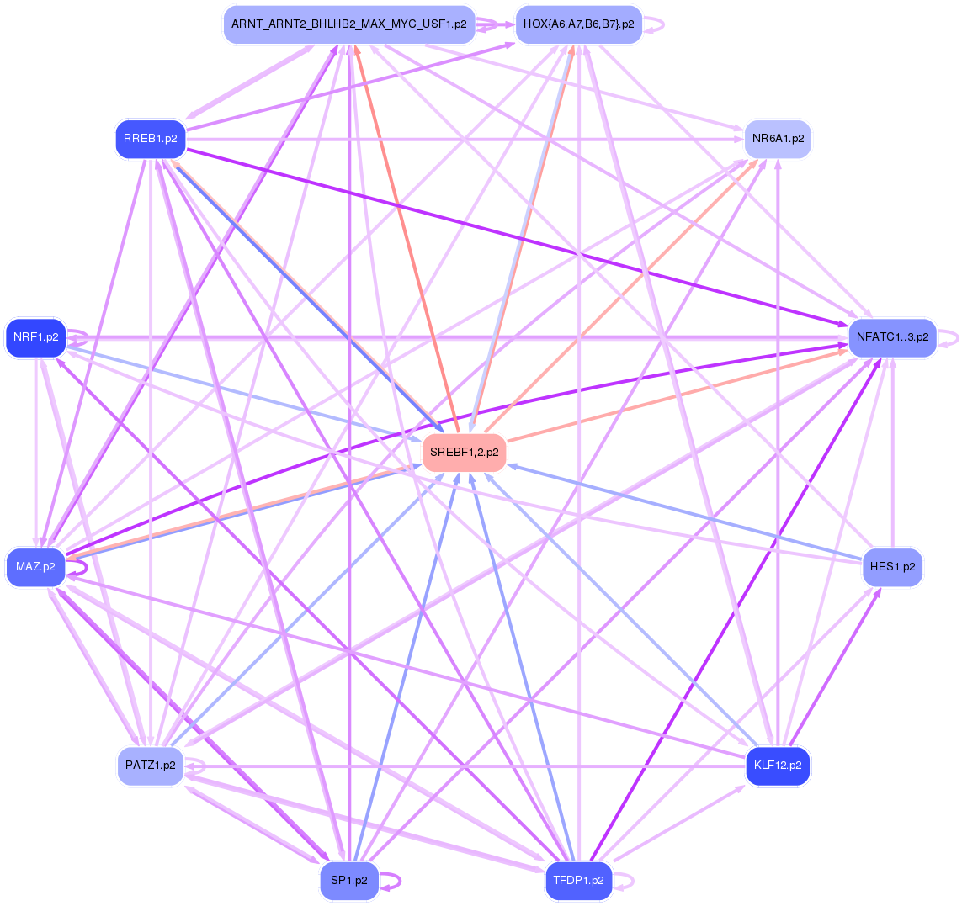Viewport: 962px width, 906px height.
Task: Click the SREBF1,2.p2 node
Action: tap(464, 453)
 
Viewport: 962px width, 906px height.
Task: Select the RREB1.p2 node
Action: tap(151, 139)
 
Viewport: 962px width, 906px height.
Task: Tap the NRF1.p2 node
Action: tap(36, 337)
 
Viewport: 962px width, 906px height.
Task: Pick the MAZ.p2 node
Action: tap(35, 567)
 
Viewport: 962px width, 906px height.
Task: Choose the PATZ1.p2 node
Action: tap(151, 766)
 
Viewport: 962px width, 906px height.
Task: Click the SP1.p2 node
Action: tap(349, 881)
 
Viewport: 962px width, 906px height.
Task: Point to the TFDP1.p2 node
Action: tap(578, 881)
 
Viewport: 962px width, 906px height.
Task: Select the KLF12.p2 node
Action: tap(778, 766)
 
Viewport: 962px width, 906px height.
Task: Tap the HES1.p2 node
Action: tap(892, 567)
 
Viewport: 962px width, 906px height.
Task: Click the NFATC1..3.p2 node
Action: tap(892, 337)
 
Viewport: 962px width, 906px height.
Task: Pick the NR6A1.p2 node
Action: tap(778, 139)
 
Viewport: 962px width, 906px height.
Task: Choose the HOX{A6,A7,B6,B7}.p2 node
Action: tap(578, 24)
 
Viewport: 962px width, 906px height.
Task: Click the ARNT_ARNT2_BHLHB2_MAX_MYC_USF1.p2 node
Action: tap(349, 24)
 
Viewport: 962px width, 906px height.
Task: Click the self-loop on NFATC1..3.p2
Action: tap(957, 337)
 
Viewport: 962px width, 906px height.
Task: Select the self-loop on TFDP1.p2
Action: tap(632, 881)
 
